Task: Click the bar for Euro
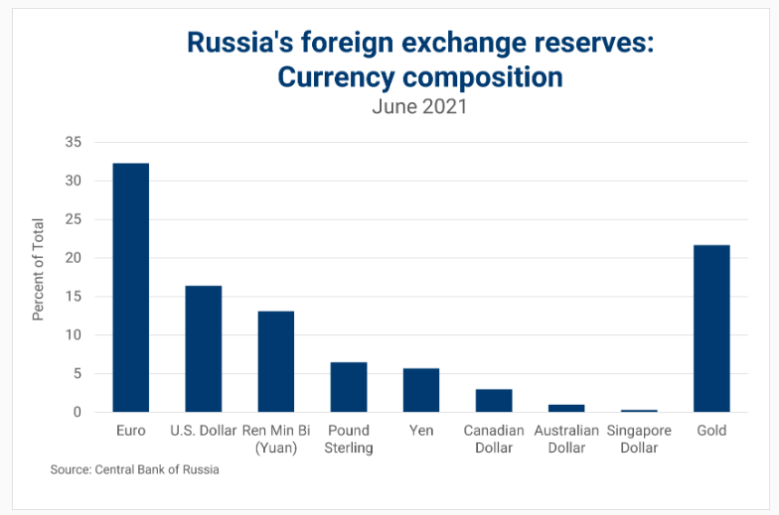point(130,288)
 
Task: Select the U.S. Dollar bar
point(203,348)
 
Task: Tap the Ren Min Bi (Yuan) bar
point(275,361)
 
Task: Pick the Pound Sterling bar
point(348,387)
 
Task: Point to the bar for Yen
point(420,390)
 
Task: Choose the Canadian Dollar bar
point(494,401)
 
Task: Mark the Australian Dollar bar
point(566,408)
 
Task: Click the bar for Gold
point(711,328)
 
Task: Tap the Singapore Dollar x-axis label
point(639,439)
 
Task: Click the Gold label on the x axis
point(711,431)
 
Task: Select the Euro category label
point(130,431)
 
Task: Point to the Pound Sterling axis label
point(348,439)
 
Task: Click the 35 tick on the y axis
point(72,142)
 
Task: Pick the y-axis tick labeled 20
point(72,258)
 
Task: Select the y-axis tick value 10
point(72,335)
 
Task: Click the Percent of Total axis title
point(39,268)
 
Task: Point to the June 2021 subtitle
point(419,106)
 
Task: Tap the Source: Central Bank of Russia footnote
point(134,469)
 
